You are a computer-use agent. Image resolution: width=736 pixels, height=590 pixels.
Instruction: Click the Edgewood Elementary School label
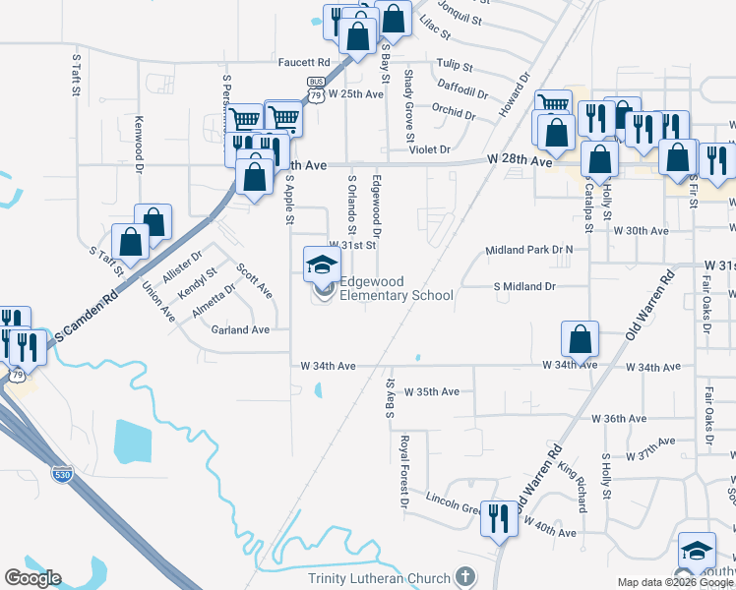pyautogui.click(x=397, y=288)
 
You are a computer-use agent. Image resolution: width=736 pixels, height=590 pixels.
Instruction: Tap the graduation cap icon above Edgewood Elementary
pyautogui.click(x=322, y=264)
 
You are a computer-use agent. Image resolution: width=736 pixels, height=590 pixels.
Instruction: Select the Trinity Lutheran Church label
pyautogui.click(x=379, y=578)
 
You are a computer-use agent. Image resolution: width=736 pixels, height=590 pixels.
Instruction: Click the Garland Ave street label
pyautogui.click(x=240, y=330)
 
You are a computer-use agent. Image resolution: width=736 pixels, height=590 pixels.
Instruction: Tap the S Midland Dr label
pyautogui.click(x=524, y=286)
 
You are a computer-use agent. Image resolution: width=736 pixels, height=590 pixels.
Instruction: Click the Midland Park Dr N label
pyautogui.click(x=529, y=251)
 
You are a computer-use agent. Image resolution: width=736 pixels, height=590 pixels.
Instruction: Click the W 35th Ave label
pyautogui.click(x=432, y=391)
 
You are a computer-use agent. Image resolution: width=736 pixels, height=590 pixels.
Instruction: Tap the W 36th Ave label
pyautogui.click(x=619, y=418)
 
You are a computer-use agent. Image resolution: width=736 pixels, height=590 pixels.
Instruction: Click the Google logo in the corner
pyautogui.click(x=32, y=578)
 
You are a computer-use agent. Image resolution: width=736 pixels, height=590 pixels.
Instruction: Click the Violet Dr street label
pyautogui.click(x=430, y=149)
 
